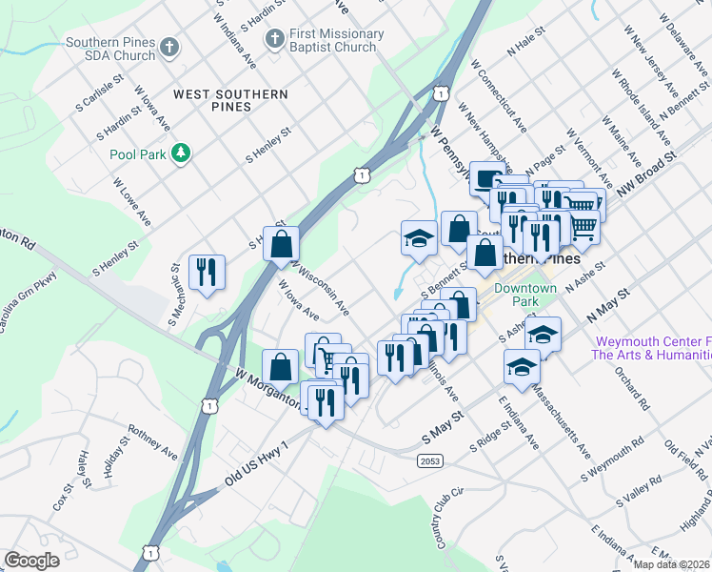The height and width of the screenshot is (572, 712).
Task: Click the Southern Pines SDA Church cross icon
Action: pyautogui.click(x=169, y=47)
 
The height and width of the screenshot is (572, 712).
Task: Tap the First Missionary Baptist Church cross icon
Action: pyautogui.click(x=275, y=39)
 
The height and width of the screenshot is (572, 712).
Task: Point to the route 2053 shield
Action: pyautogui.click(x=428, y=461)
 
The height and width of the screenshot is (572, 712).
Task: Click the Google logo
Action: pyautogui.click(x=31, y=560)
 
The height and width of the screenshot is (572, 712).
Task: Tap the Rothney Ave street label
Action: pyautogui.click(x=153, y=442)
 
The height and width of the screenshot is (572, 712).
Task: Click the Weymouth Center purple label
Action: pyautogui.click(x=651, y=348)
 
